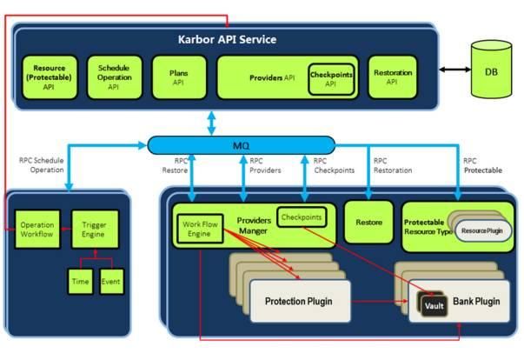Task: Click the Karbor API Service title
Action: [x=228, y=39]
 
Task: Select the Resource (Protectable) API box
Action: [x=50, y=77]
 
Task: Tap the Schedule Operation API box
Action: [x=115, y=77]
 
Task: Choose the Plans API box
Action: [x=179, y=77]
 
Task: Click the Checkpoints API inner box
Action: [x=331, y=79]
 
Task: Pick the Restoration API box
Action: [x=393, y=77]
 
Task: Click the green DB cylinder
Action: [x=491, y=70]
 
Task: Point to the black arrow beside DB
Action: [x=454, y=70]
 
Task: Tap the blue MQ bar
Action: [x=242, y=145]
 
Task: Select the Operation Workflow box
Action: [x=37, y=230]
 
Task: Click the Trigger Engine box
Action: [x=95, y=230]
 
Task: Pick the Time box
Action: [x=80, y=282]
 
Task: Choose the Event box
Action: [x=111, y=282]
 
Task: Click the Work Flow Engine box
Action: [x=200, y=229]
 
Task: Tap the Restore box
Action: [x=368, y=223]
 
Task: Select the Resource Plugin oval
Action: [x=482, y=230]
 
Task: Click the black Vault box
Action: [x=434, y=305]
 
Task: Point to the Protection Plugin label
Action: [x=299, y=302]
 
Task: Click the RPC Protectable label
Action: [x=482, y=165]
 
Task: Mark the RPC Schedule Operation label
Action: [x=42, y=165]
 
